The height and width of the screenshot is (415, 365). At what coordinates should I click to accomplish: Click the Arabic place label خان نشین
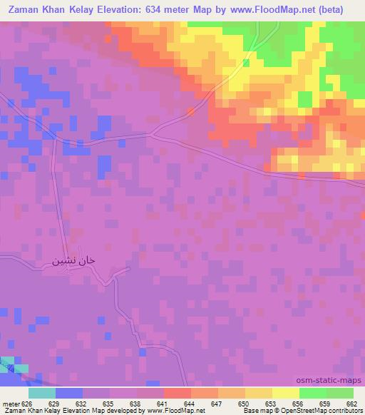[x=73, y=261]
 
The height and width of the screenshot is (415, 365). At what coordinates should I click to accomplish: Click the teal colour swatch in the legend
[x=42, y=392]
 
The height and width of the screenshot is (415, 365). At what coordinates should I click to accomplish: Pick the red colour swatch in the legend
[x=177, y=392]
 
